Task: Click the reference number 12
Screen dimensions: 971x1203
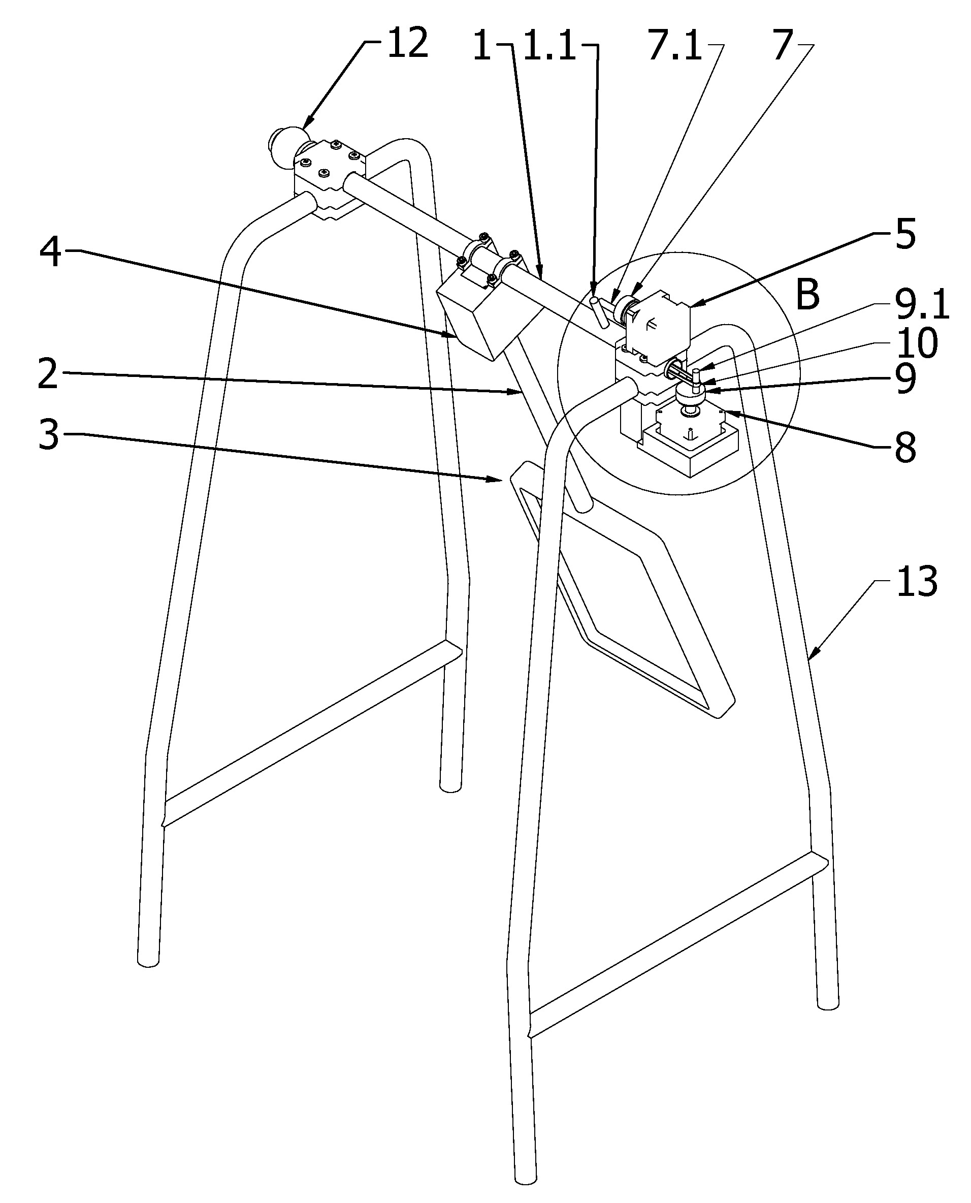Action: [408, 43]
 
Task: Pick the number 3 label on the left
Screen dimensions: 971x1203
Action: [49, 435]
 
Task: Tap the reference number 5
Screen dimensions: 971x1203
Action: [905, 233]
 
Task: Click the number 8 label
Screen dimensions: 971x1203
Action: [905, 448]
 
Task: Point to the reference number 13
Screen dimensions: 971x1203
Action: [917, 581]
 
